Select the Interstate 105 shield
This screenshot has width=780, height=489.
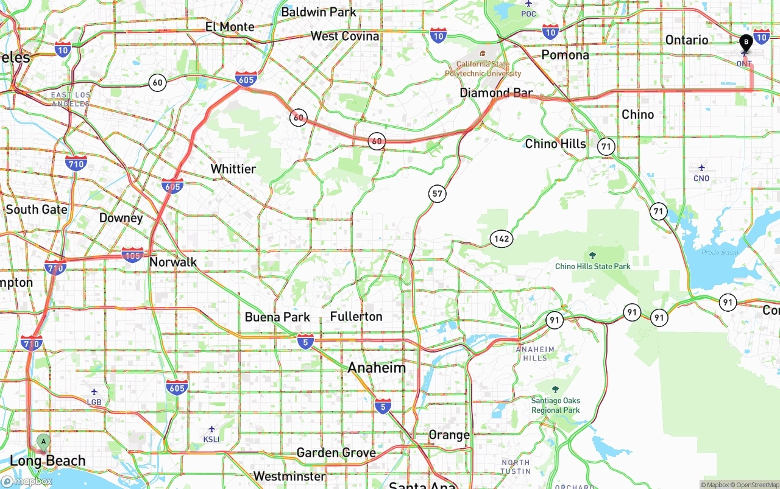(133, 255)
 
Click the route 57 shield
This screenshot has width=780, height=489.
(437, 194)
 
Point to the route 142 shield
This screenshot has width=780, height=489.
(502, 239)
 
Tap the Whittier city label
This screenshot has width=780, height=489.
(233, 169)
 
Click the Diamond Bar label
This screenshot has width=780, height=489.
(496, 93)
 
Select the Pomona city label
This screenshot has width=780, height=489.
(565, 55)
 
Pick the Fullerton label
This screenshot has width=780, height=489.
(356, 317)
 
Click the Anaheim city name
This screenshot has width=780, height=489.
(377, 368)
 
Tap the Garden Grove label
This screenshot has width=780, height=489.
(336, 452)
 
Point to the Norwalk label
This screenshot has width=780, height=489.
(173, 262)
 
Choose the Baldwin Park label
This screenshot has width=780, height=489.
(319, 12)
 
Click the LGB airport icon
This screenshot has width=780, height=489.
(94, 392)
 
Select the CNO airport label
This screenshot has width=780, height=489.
(701, 178)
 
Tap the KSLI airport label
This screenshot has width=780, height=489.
(211, 439)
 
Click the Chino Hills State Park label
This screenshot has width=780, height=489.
(592, 266)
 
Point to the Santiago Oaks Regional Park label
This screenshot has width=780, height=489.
(555, 405)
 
